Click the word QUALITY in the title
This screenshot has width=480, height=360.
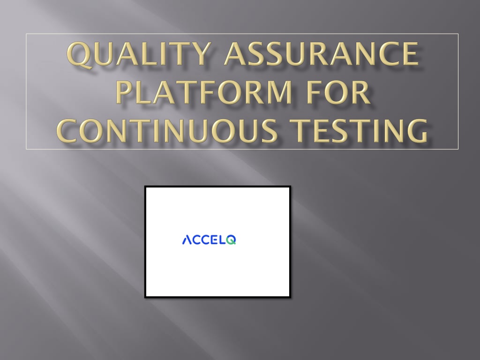(139, 54)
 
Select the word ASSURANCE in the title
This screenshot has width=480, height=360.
(322, 53)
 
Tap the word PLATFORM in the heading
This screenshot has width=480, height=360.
(204, 92)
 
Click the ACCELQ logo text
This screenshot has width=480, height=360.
(209, 240)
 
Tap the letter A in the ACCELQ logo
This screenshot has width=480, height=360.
(187, 240)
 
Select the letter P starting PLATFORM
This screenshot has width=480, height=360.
(125, 92)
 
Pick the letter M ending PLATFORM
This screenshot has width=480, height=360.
(278, 92)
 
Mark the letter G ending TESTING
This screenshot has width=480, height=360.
(416, 131)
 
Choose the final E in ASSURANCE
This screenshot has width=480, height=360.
(410, 53)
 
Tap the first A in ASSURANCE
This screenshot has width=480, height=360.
(236, 54)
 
